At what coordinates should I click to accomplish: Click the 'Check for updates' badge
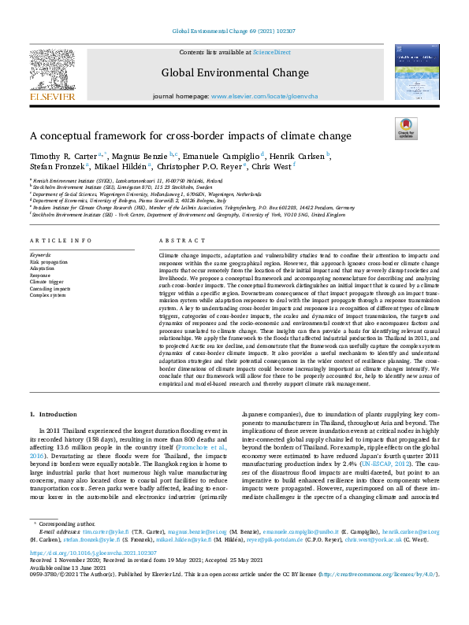405,128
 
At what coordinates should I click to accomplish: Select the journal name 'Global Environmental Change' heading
235,73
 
